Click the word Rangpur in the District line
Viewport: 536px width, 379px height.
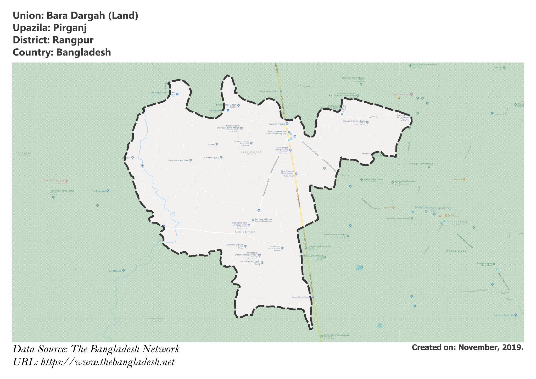(x=73, y=40)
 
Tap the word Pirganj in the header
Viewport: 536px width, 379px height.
(x=70, y=28)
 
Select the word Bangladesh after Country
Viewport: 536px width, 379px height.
(x=83, y=52)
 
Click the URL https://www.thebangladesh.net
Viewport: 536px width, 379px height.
(x=108, y=362)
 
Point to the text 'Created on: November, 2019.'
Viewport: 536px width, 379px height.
(x=467, y=348)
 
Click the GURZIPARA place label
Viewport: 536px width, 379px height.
(x=245, y=232)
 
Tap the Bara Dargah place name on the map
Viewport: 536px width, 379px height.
(x=251, y=152)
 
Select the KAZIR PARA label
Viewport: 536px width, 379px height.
(x=456, y=251)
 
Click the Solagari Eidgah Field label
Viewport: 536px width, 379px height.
(x=178, y=160)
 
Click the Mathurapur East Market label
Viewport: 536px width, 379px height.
(x=163, y=93)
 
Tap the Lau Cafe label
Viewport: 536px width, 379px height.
(x=457, y=180)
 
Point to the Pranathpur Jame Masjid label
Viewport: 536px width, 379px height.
(x=62, y=191)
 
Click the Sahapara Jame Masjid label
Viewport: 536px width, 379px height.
(x=354, y=121)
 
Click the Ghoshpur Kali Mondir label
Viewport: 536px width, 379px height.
(x=335, y=235)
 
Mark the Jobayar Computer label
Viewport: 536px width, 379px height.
(x=504, y=315)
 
